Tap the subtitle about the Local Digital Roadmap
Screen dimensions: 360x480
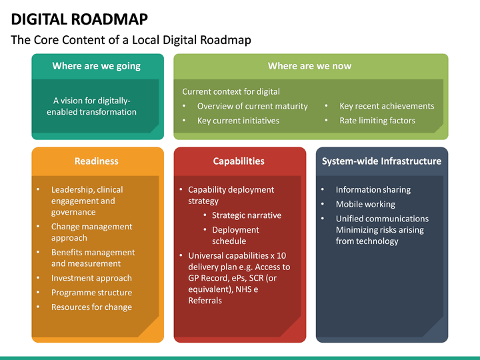click(131, 40)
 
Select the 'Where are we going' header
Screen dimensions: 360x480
click(97, 66)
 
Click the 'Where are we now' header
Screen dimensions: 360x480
click(309, 66)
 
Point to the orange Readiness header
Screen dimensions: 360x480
click(97, 161)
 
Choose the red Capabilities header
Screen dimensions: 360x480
click(239, 161)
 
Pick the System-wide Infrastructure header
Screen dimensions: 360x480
click(381, 161)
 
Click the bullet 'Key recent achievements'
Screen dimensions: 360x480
click(387, 106)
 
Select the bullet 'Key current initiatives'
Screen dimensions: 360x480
click(238, 121)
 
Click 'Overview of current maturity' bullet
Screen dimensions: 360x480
click(252, 106)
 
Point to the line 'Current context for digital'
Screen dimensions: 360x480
click(231, 91)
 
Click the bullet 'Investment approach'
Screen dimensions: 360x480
click(91, 278)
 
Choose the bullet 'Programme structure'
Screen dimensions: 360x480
click(91, 293)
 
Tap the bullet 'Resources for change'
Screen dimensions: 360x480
click(91, 307)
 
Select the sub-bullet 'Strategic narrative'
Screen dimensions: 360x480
click(247, 215)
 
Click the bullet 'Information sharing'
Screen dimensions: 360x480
click(373, 189)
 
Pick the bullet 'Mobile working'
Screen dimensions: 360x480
click(365, 204)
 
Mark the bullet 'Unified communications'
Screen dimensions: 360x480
click(382, 219)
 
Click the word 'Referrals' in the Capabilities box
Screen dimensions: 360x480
click(205, 301)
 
